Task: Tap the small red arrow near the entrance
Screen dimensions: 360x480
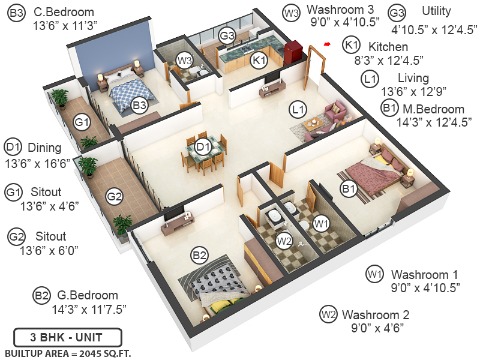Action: pyautogui.click(x=327, y=44)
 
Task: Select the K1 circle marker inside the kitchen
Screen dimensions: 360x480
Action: pyautogui.click(x=259, y=61)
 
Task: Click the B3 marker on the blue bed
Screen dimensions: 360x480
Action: pyautogui.click(x=139, y=106)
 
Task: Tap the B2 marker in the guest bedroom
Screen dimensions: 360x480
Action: pyautogui.click(x=199, y=256)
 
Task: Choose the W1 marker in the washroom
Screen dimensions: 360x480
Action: pyautogui.click(x=322, y=223)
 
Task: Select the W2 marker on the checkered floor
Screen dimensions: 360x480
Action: pyautogui.click(x=284, y=241)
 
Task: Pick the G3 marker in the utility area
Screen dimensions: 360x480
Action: pyautogui.click(x=226, y=35)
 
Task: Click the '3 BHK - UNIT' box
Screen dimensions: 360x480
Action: pyautogui.click(x=67, y=336)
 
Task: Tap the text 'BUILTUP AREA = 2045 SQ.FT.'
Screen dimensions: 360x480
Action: pyautogui.click(x=67, y=352)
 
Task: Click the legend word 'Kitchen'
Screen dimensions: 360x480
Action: pyautogui.click(x=388, y=46)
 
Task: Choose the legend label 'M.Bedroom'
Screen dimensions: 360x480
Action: pyautogui.click(x=434, y=109)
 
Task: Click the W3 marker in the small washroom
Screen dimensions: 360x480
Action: pyautogui.click(x=184, y=60)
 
